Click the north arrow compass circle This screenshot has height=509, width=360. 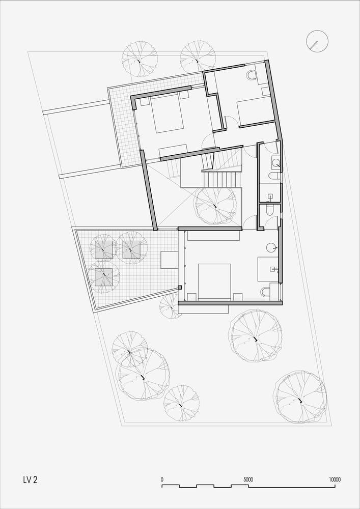point(317,41)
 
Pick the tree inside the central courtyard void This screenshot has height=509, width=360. point(214,206)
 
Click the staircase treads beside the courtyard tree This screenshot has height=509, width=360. point(221,180)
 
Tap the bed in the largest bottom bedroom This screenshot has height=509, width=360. point(214,281)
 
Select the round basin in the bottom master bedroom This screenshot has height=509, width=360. point(271,248)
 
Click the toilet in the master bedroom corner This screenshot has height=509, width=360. point(265,292)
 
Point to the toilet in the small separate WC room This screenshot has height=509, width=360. point(269,211)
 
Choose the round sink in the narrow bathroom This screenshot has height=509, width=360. point(276,163)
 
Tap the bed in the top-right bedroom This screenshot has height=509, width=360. point(255,112)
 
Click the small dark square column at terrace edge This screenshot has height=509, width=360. point(180,287)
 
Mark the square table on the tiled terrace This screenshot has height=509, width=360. point(170,260)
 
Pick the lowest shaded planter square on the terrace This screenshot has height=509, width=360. point(104,277)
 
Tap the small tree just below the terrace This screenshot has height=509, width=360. point(170,306)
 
